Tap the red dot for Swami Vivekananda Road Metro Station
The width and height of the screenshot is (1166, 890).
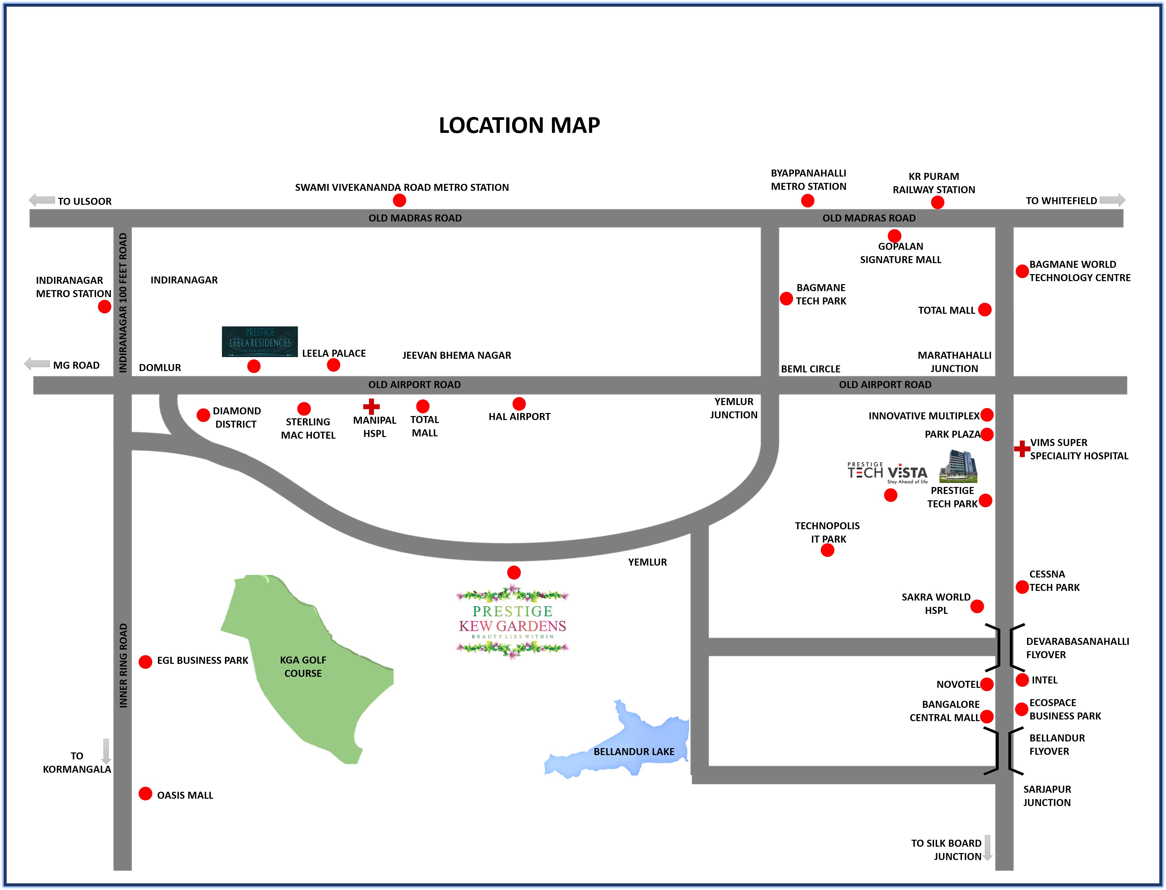coord(399,200)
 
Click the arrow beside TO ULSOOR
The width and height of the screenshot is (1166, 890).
coord(42,200)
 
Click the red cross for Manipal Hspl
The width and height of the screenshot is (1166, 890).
coord(371,406)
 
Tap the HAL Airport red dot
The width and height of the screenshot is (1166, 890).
coord(519,404)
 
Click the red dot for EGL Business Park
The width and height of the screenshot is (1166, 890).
coord(145,662)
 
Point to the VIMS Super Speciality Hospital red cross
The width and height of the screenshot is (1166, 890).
coord(1021,449)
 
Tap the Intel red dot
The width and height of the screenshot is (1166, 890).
coord(1022,680)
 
